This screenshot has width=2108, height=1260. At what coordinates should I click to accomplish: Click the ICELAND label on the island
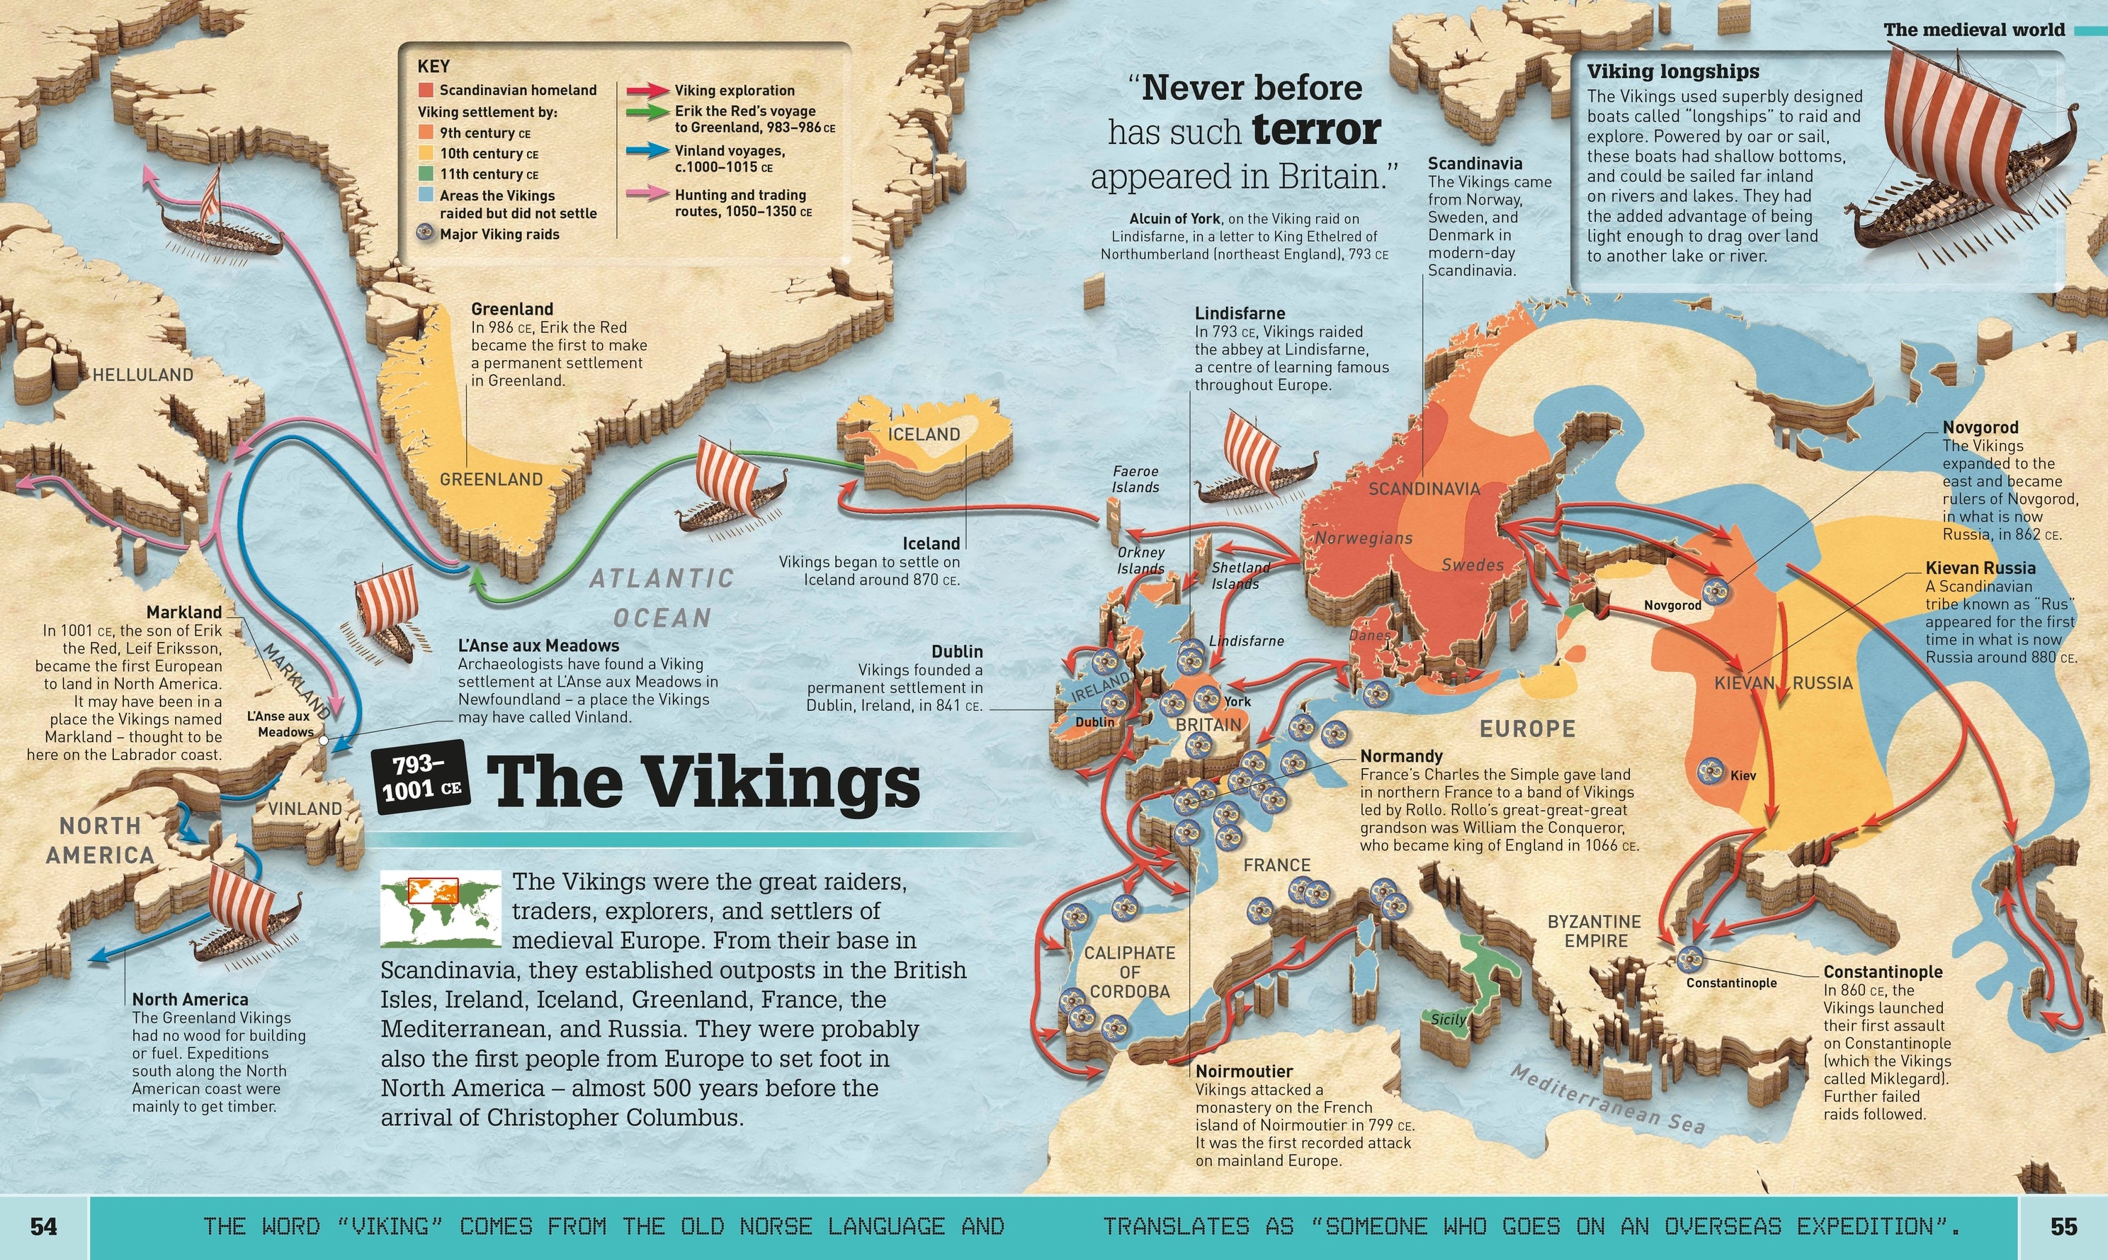(x=923, y=434)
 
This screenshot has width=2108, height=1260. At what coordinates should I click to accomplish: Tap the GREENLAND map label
(x=490, y=480)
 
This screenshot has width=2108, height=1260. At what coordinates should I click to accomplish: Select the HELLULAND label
(x=142, y=374)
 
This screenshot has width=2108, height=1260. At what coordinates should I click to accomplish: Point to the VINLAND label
(x=305, y=809)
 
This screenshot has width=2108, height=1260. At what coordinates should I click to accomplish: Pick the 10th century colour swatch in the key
(x=426, y=154)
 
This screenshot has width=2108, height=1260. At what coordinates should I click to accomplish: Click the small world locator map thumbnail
(x=441, y=909)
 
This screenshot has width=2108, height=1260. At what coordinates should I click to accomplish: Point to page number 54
(x=43, y=1226)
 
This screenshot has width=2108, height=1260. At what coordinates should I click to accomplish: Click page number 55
(x=2064, y=1226)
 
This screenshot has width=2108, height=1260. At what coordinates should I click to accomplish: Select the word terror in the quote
(x=1316, y=130)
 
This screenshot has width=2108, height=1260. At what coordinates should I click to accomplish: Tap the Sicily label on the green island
(x=1448, y=1019)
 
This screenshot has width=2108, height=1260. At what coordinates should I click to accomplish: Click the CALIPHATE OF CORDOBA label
(x=1130, y=972)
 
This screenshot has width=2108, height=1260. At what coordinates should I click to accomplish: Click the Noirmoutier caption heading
(x=1243, y=1071)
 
